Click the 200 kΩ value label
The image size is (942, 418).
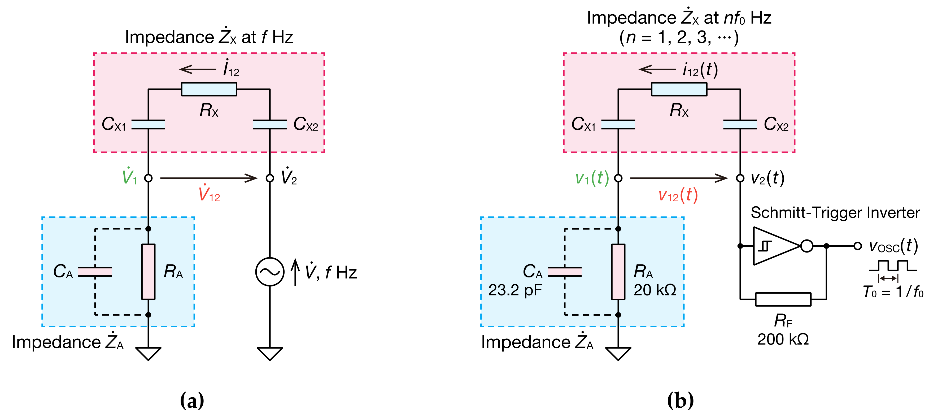783,339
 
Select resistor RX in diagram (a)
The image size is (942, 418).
209,89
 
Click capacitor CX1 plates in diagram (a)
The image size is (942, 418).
148,124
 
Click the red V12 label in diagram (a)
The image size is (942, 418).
209,194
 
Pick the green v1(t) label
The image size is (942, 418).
592,178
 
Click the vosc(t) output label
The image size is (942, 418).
893,246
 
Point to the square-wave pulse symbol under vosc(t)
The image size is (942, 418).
893,266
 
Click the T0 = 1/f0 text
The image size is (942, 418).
893,292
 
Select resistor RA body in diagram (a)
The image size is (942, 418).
148,272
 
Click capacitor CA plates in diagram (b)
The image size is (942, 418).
564,272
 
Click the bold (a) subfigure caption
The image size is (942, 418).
192,400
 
